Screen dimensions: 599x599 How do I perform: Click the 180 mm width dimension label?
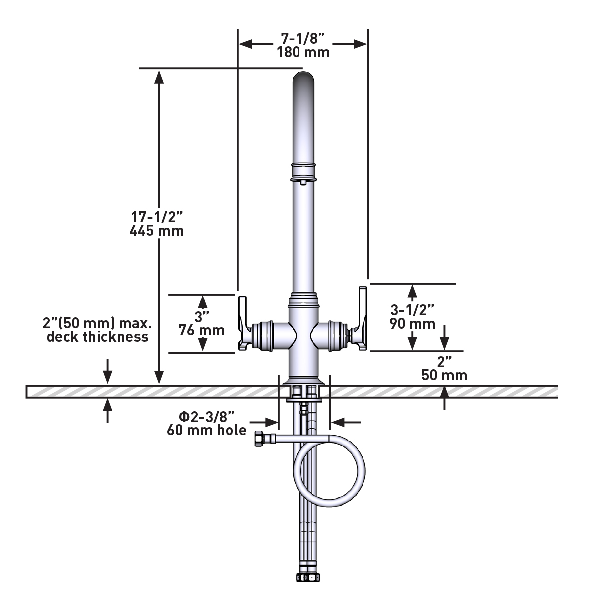click(303, 52)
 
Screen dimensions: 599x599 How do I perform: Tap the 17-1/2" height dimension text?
click(157, 217)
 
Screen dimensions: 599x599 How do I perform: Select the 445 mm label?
click(157, 231)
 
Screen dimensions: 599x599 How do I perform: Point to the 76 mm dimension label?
click(202, 330)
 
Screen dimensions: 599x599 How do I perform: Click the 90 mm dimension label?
click(412, 324)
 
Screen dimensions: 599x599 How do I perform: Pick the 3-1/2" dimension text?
click(412, 310)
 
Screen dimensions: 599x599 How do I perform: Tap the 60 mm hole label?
click(207, 430)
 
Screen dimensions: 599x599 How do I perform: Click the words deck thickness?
click(98, 337)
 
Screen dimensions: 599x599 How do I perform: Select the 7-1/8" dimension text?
click(303, 38)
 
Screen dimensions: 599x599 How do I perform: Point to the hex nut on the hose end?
click(261, 439)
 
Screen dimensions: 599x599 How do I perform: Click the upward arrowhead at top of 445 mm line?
click(159, 77)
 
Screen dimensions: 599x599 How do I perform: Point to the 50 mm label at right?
click(444, 375)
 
